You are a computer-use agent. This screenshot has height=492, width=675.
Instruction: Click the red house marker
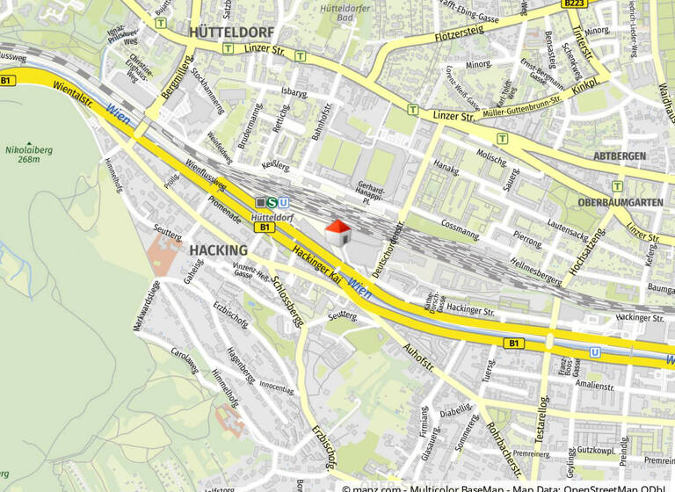[338, 234]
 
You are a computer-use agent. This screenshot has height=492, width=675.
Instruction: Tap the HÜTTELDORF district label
[231, 32]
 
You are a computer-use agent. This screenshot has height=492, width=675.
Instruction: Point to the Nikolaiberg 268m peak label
[29, 155]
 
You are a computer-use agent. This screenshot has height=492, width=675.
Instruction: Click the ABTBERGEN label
[620, 156]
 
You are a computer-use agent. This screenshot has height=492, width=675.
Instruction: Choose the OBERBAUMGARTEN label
[621, 202]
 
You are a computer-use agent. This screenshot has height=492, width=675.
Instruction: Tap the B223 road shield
[574, 4]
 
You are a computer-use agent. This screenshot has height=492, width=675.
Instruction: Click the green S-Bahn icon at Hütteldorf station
[272, 203]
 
